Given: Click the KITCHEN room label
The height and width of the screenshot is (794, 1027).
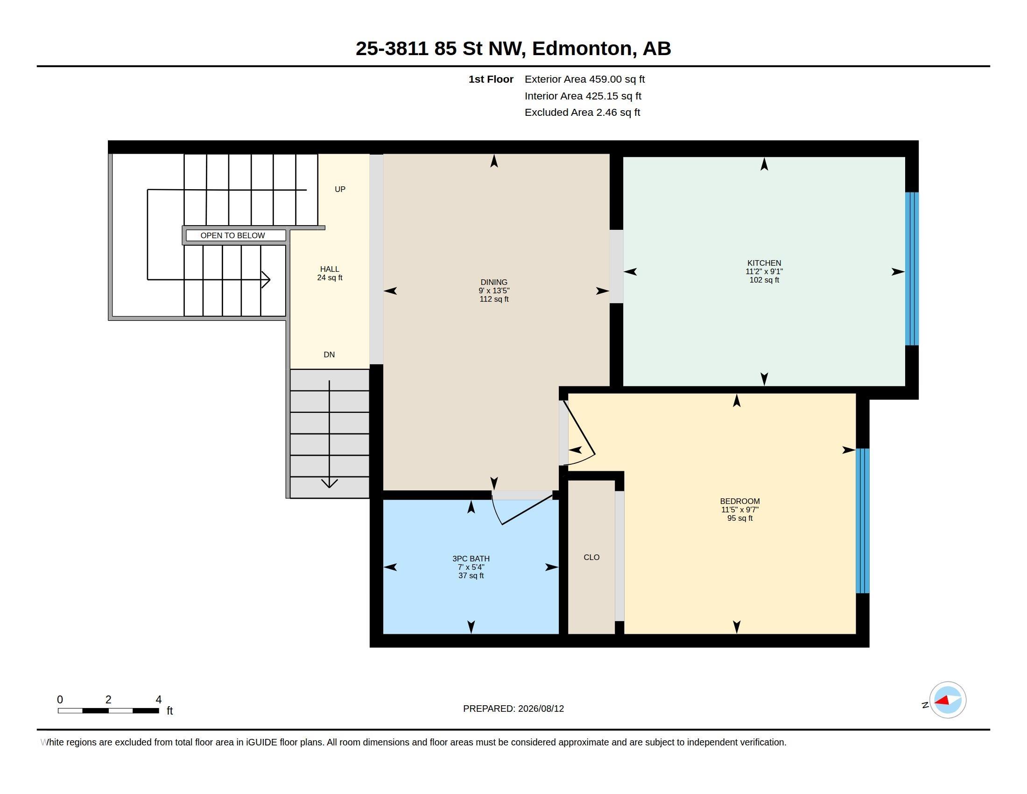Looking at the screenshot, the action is pos(764,263).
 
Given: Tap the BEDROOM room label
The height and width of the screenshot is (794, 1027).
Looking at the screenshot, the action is pos(740,501).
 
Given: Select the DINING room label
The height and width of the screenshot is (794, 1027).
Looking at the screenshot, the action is pos(494,282).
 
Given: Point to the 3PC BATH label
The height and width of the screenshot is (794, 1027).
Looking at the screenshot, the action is pos(471,558).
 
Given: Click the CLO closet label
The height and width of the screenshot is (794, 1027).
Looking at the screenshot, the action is pos(591,557).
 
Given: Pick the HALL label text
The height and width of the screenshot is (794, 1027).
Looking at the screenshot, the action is pos(329,269).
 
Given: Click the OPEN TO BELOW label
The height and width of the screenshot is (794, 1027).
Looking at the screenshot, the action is pos(232,235).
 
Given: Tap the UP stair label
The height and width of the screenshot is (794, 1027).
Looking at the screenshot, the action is pos(339,189).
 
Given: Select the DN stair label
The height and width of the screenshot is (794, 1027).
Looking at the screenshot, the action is pos(329,354).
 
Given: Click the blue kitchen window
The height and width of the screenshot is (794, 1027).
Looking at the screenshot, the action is pos(912,269).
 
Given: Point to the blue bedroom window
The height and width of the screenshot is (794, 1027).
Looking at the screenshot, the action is pos(862,521).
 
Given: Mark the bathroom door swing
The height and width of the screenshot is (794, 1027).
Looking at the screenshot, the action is pos(522,508).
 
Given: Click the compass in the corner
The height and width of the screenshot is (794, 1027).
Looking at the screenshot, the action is pos(947,700).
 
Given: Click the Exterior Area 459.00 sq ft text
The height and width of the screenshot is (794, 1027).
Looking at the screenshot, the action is pos(584,79).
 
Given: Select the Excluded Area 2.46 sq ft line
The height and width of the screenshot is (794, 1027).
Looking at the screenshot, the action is pos(582,112).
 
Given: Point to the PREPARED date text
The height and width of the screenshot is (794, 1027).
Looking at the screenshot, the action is pos(513,709).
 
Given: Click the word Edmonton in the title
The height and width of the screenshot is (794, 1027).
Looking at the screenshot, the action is pos(582,49).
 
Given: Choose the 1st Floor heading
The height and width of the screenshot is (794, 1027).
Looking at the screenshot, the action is pos(491,79).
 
